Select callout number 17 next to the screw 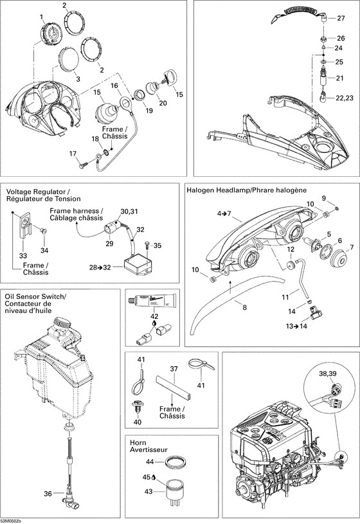coord(74,152)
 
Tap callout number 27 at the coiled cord coord(341,19)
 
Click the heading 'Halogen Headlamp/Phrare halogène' coord(246,190)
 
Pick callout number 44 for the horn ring coord(148,462)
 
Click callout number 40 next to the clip coord(137,422)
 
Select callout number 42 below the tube coord(154,316)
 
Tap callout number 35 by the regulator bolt coord(159,244)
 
